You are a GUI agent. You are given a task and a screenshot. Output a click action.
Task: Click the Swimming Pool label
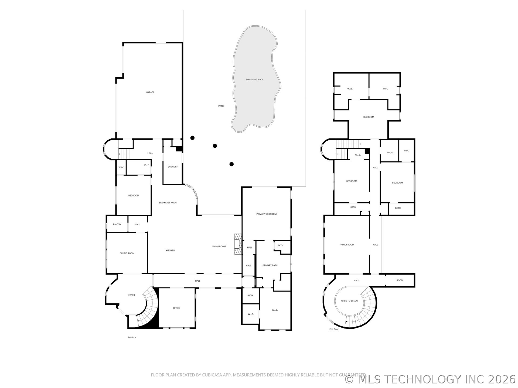[254, 79]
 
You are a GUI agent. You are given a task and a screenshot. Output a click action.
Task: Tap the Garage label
[150, 92]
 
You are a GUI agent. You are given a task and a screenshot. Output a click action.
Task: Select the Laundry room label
[173, 167]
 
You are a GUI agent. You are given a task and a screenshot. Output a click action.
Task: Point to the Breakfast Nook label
[168, 203]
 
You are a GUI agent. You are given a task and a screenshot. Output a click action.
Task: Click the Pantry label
[117, 224]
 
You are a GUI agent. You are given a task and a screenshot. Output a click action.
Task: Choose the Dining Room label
[127, 253]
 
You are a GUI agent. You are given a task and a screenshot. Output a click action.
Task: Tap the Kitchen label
[170, 251]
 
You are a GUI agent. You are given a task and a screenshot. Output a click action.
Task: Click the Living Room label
[219, 247]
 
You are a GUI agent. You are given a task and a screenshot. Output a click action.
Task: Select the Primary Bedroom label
[267, 214]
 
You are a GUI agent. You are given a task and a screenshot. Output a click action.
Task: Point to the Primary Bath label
[270, 265]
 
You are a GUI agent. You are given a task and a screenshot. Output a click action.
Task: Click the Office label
[176, 308]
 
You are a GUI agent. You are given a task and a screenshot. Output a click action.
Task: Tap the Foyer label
[132, 295]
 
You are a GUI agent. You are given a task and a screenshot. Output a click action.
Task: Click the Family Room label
[347, 245]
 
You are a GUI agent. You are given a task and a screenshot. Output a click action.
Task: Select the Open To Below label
[350, 301]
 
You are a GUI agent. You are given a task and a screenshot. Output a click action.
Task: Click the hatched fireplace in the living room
[237, 244]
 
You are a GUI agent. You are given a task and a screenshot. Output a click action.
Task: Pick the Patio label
[221, 106]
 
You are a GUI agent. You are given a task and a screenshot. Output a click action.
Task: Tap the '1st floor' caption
[132, 337]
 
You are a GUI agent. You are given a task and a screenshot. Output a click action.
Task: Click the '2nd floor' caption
[334, 329]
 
